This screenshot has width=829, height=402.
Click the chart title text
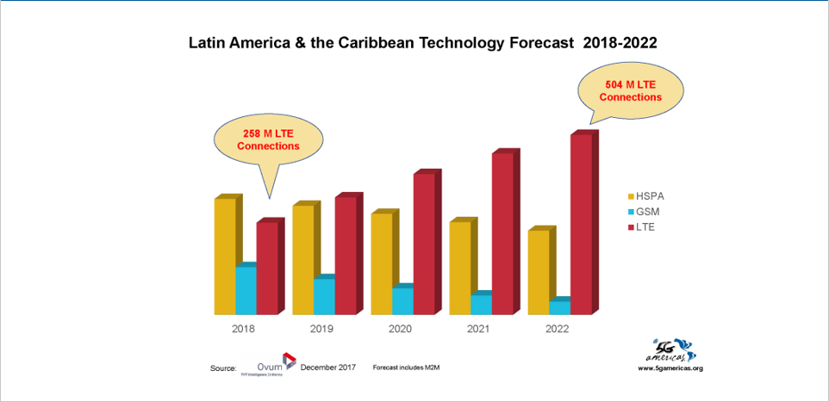coord(423,42)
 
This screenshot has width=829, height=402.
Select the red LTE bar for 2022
coord(581,224)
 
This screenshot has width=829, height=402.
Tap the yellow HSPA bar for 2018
coord(224,256)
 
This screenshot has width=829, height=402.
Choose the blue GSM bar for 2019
coord(324,296)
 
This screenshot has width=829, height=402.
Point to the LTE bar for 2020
coord(424,243)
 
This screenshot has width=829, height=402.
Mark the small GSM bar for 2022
coord(559,307)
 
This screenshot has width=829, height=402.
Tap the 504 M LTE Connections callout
coord(631,91)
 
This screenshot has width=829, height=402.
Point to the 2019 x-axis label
coord(321,329)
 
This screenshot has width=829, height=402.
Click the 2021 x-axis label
coord(478,329)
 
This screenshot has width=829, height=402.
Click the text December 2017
coord(328,368)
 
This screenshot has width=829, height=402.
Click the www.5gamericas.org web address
coord(670,368)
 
